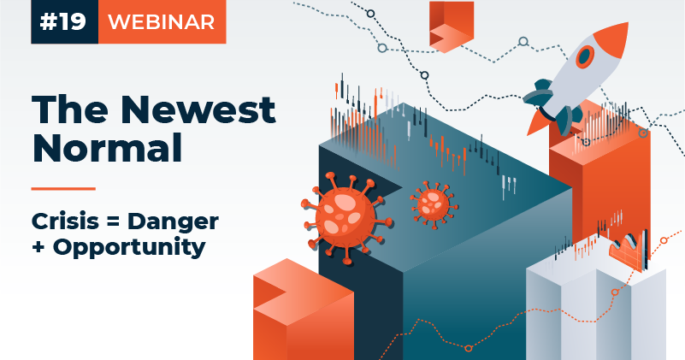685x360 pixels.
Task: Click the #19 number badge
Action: pyautogui.click(x=65, y=21)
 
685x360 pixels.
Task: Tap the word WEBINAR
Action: pyautogui.click(x=162, y=22)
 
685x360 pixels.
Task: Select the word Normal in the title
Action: pyautogui.click(x=107, y=147)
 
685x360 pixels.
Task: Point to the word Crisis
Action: pyautogui.click(x=65, y=221)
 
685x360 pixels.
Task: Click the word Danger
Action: pyautogui.click(x=173, y=222)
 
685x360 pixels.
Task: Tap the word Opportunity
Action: pyautogui.click(x=129, y=248)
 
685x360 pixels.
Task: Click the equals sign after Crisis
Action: pyautogui.click(x=113, y=221)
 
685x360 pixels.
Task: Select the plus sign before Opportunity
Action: pyautogui.click(x=38, y=247)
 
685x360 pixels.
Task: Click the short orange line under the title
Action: pyautogui.click(x=63, y=189)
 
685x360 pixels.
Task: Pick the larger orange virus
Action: pyautogui.click(x=345, y=216)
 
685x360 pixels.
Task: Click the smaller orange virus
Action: pyautogui.click(x=434, y=204)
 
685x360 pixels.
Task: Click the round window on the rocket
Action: pyautogui.click(x=585, y=56)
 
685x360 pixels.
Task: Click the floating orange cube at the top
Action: pyautogui.click(x=452, y=27)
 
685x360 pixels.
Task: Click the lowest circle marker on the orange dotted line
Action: pyautogui.click(x=469, y=348)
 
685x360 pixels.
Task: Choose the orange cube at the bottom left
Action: pyautogui.click(x=304, y=310)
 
